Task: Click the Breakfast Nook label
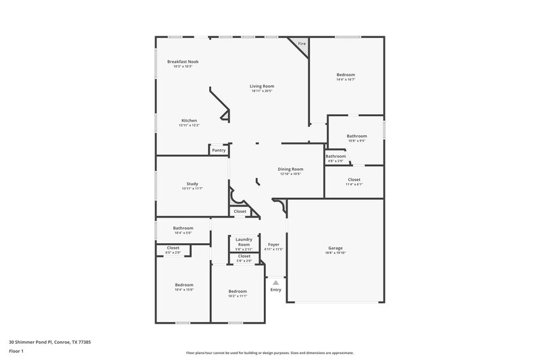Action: [183, 61]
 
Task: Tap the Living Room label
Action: [262, 86]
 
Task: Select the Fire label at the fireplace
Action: [302, 44]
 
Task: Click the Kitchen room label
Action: [189, 120]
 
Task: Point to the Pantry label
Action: [219, 150]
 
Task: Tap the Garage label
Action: [335, 248]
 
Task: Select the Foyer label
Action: [274, 244]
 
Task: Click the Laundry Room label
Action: [244, 242]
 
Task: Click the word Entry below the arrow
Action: [275, 290]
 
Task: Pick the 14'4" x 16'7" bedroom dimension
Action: [346, 80]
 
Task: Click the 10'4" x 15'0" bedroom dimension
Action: [184, 289]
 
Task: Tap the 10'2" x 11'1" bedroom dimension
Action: [238, 296]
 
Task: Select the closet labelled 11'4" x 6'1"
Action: [354, 184]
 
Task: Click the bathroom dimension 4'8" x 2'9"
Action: [335, 161]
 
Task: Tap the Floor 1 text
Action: [16, 351]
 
